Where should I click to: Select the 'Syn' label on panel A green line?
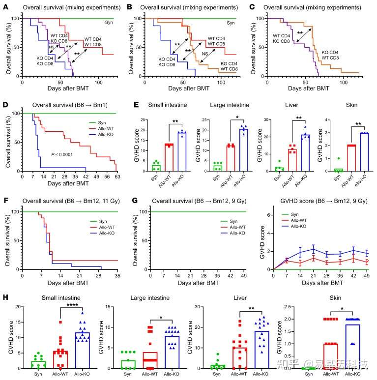point(108,22)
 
